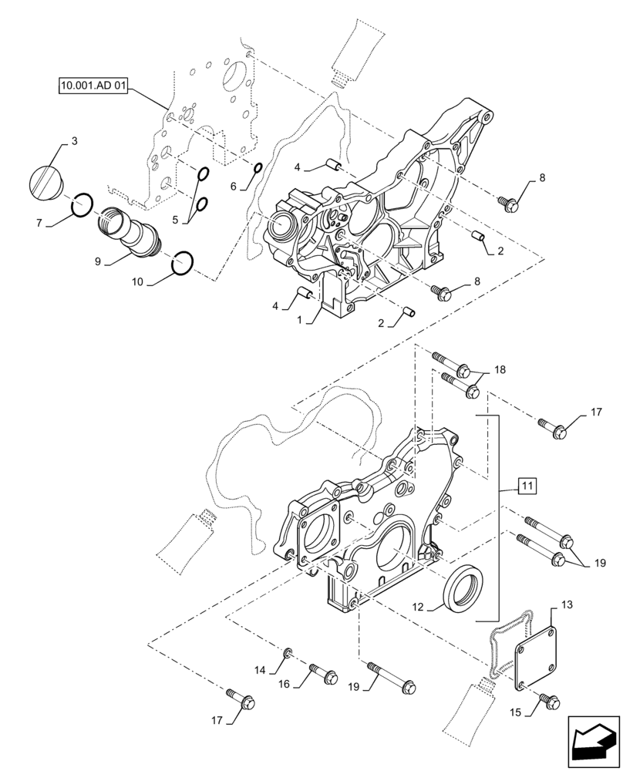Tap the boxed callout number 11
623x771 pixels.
click(525, 486)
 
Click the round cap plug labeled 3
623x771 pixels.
click(48, 182)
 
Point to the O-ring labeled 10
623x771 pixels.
click(182, 262)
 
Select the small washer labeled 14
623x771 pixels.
click(287, 655)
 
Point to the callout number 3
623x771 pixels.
click(74, 140)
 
